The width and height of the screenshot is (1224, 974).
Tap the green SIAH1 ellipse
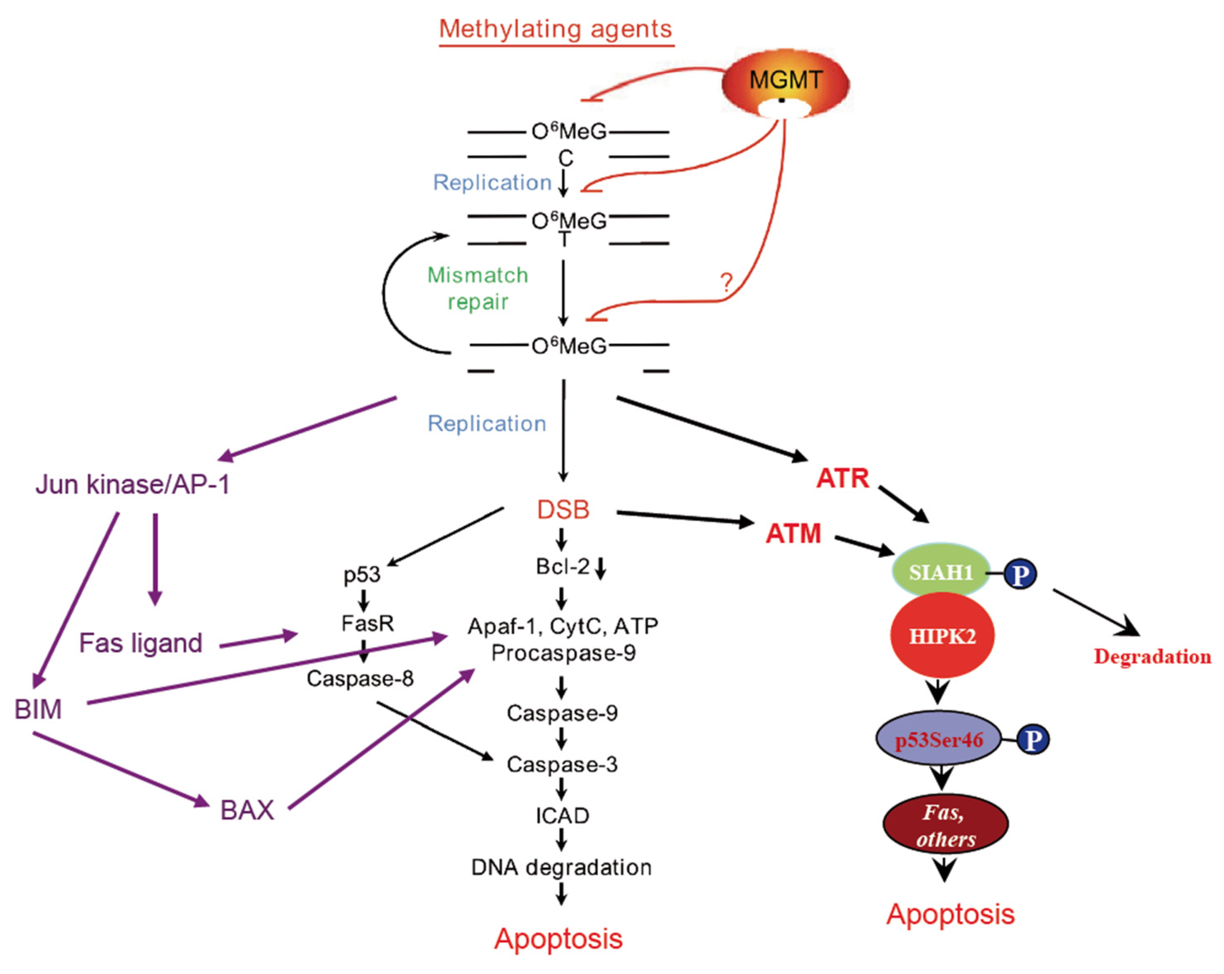tap(941, 571)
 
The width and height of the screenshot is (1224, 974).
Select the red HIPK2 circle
tap(942, 635)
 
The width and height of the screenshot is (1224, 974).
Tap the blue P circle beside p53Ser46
tap(1033, 739)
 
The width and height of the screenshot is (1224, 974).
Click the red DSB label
tap(563, 509)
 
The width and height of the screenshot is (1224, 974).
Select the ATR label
tap(842, 478)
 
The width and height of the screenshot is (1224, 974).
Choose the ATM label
tap(793, 533)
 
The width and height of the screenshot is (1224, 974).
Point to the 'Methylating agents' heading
tap(556, 29)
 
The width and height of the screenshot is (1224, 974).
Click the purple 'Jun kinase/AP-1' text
tap(132, 484)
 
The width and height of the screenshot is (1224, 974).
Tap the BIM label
tap(38, 709)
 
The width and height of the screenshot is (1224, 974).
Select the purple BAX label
tap(247, 810)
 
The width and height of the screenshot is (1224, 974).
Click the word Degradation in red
tap(1152, 656)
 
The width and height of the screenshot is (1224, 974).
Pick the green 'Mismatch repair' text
tap(477, 288)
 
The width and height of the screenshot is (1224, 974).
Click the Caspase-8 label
tap(360, 678)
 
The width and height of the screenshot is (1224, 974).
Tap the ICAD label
tap(562, 815)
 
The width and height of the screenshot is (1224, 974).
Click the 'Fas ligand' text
tap(140, 643)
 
